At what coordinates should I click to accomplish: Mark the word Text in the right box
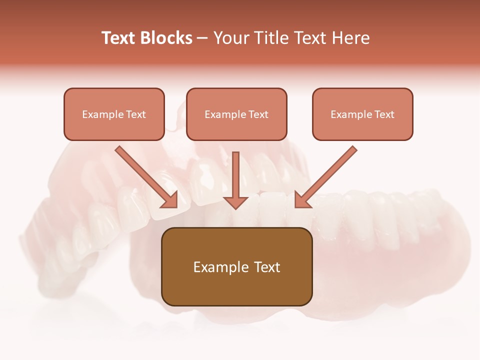[x=384, y=114]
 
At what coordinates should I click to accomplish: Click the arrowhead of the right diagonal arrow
[x=302, y=199]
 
